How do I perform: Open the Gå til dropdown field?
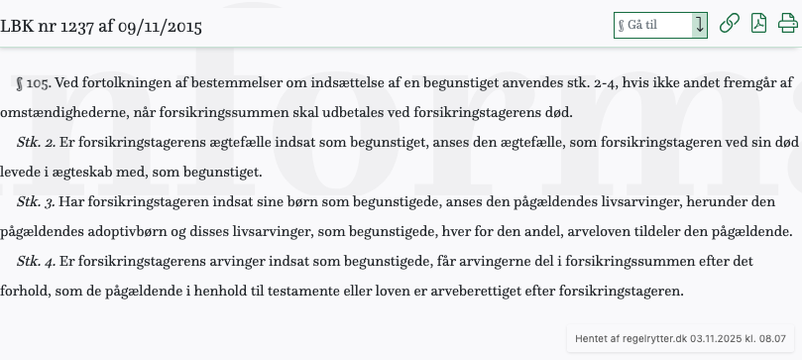660,25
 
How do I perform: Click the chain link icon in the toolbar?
730,25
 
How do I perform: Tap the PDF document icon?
758,25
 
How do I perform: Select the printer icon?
787,25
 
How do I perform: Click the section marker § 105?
34,84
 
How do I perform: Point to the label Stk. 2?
37,144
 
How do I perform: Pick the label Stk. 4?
37,263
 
